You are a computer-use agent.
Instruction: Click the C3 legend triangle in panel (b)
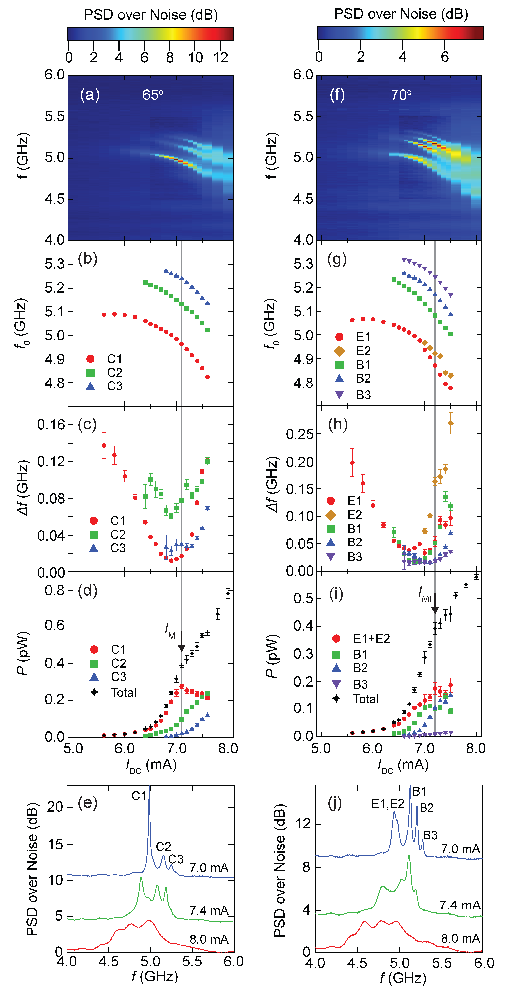[90, 386]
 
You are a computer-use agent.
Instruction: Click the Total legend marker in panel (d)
[94, 692]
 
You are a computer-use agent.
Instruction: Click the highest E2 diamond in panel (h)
[451, 423]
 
